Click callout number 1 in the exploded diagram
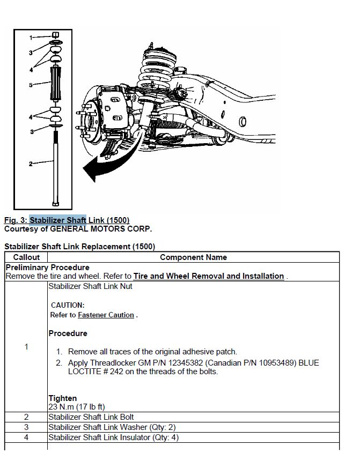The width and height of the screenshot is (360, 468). (x=31, y=38)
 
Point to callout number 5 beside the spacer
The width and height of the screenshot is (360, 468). (x=31, y=85)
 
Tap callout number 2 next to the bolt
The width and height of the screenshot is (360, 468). (x=31, y=164)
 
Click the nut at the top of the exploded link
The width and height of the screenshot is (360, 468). (x=56, y=35)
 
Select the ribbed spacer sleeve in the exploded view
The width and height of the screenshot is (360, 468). (x=56, y=84)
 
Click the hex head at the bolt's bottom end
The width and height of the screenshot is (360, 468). (x=56, y=204)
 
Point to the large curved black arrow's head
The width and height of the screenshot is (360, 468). (x=90, y=169)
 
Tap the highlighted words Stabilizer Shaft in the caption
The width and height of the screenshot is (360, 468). (x=58, y=220)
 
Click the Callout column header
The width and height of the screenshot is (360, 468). (x=26, y=257)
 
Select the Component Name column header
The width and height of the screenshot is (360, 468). (x=193, y=257)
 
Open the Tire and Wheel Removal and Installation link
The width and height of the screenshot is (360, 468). (x=209, y=276)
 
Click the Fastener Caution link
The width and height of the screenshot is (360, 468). (x=106, y=315)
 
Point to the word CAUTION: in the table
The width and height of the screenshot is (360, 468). (x=68, y=305)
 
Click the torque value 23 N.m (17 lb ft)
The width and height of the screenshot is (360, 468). (x=77, y=407)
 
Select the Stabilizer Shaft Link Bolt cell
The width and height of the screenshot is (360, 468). (x=91, y=417)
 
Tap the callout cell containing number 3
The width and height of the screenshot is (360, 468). (x=26, y=427)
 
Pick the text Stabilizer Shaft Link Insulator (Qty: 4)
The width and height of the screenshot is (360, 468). (x=114, y=437)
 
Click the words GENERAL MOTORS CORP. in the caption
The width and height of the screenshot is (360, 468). (x=101, y=229)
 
